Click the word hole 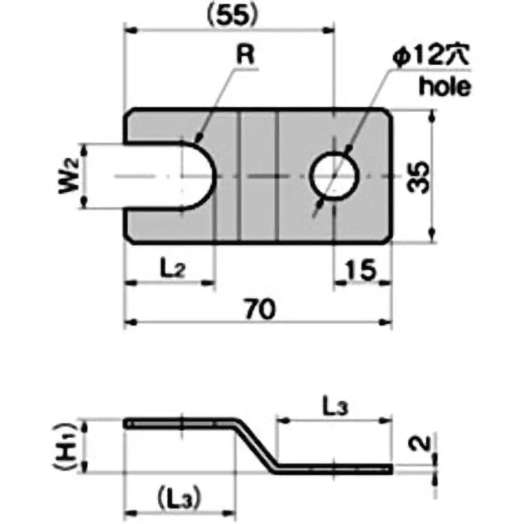point(445,86)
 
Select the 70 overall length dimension point(259,307)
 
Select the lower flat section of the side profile point(334,468)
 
